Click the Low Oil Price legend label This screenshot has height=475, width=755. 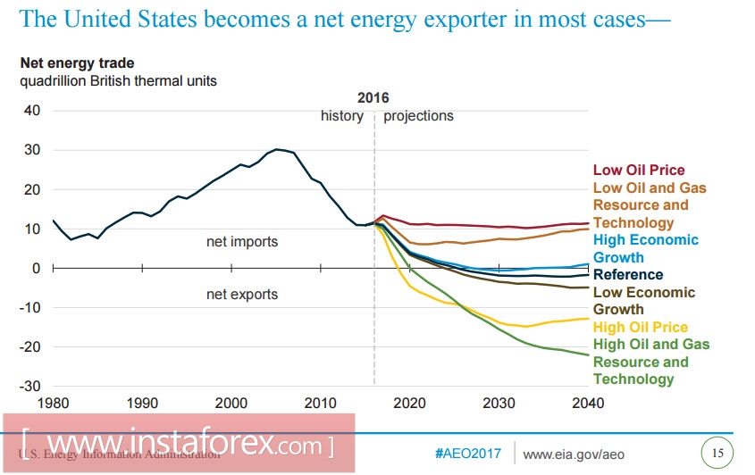pyautogui.click(x=638, y=170)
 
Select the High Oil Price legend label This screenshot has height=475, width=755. pyautogui.click(x=640, y=327)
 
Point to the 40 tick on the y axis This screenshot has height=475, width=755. pyautogui.click(x=32, y=111)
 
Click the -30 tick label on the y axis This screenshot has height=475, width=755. pyautogui.click(x=29, y=386)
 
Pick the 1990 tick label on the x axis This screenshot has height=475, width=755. pyautogui.click(x=142, y=404)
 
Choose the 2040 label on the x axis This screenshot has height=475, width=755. pyautogui.click(x=587, y=404)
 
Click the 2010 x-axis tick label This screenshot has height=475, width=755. pyautogui.click(x=320, y=404)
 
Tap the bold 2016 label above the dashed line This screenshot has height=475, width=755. pyautogui.click(x=373, y=98)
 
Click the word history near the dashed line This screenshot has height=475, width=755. pyautogui.click(x=342, y=116)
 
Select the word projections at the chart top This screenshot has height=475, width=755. pyautogui.click(x=418, y=116)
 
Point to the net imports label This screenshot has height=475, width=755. pyautogui.click(x=242, y=242)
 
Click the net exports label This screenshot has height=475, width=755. pyautogui.click(x=242, y=295)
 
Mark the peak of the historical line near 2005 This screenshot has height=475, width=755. pyautogui.click(x=277, y=149)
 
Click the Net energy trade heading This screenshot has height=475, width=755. pyautogui.click(x=78, y=63)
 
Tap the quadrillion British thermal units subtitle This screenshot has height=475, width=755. pyautogui.click(x=119, y=80)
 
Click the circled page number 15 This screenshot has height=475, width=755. pyautogui.click(x=717, y=452)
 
